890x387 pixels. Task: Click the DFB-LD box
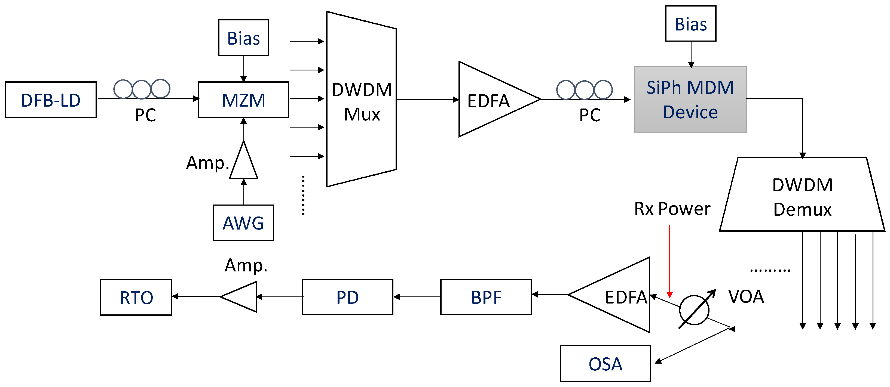click(51, 100)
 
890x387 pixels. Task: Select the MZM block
click(243, 100)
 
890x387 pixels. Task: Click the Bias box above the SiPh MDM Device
click(691, 23)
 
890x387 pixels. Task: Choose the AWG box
click(243, 223)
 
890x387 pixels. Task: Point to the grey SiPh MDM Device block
click(690, 100)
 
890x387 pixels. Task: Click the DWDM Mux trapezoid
click(361, 100)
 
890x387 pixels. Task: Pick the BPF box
click(486, 297)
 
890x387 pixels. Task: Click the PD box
click(348, 297)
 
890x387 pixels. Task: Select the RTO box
click(136, 297)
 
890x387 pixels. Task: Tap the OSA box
click(605, 364)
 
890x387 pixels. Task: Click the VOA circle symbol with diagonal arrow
click(694, 310)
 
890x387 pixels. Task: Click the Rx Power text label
click(672, 209)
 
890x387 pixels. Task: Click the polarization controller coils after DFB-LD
click(142, 89)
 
